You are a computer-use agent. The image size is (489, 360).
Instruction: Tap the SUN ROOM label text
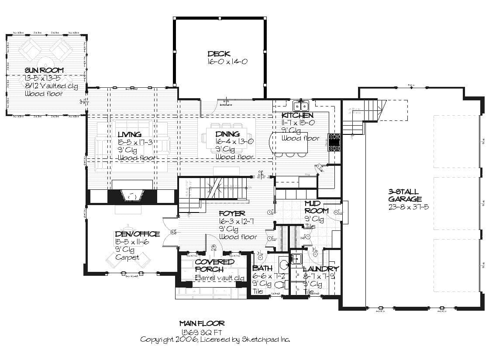click(44, 70)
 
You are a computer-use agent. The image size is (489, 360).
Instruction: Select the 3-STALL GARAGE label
click(404, 195)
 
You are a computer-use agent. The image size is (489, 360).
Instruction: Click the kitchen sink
click(300, 106)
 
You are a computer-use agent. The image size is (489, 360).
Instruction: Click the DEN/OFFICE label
click(137, 234)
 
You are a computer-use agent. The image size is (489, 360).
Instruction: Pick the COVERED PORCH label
click(214, 265)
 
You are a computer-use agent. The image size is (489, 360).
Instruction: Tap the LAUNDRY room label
click(320, 269)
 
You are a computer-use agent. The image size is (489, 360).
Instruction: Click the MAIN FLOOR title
click(202, 324)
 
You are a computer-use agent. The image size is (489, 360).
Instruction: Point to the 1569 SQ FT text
click(202, 332)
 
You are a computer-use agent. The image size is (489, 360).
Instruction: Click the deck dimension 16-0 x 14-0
click(227, 62)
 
